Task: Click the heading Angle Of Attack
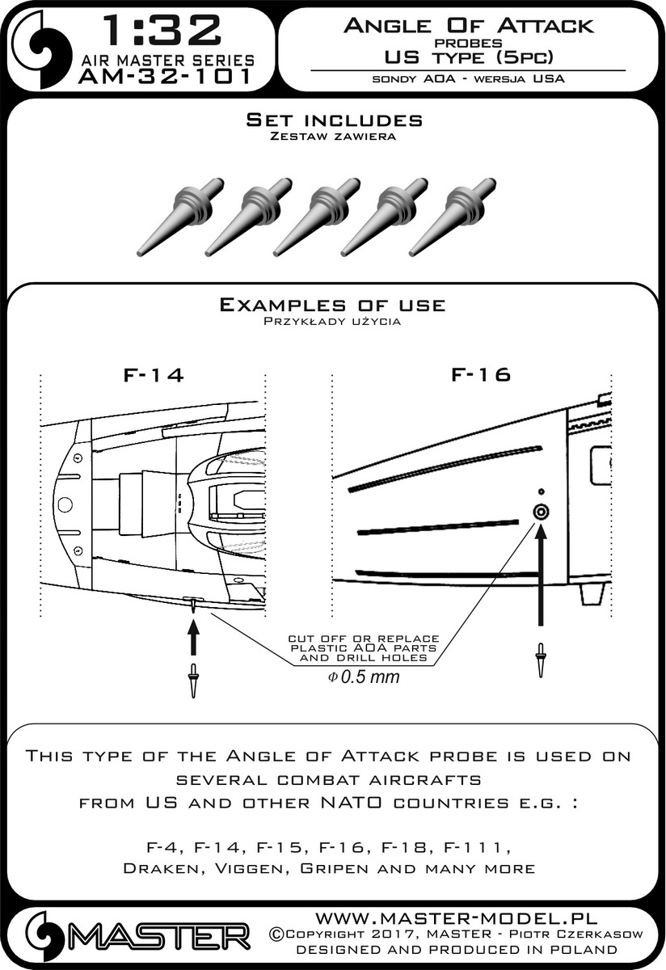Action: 468,26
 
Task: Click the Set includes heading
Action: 333,120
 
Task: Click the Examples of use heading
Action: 332,305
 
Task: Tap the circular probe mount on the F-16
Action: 540,512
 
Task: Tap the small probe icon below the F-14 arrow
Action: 192,679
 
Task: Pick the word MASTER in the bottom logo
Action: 160,938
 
